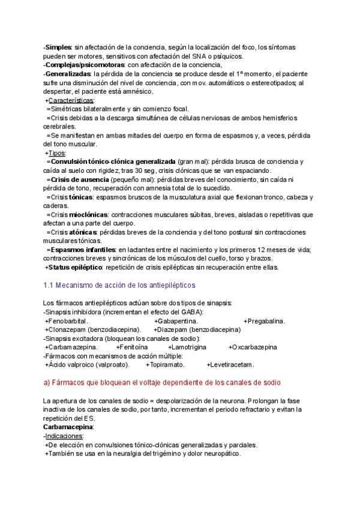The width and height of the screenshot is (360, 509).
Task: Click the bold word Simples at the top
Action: click(x=58, y=47)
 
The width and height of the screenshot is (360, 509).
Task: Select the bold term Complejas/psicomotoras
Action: click(x=85, y=65)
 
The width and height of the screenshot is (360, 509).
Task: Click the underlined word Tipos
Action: click(x=56, y=153)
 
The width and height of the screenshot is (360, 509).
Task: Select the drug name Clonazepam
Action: click(x=67, y=330)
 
